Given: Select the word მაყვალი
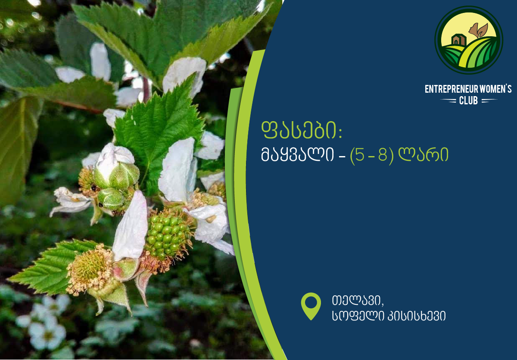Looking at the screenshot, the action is click(297, 155).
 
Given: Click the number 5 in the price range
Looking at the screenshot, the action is click(359, 155).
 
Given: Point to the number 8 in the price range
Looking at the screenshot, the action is click(383, 155).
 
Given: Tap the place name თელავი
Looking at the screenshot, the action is click(357, 301).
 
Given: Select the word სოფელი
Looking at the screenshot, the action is click(358, 316).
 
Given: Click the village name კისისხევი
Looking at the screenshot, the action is click(417, 316).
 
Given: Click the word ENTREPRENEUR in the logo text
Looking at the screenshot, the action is click(451, 89).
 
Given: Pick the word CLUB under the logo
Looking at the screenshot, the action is click(468, 101).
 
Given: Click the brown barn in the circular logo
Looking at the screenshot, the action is click(459, 40).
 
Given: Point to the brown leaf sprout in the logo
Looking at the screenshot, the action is click(479, 30).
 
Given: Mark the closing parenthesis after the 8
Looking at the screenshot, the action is click(391, 156).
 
